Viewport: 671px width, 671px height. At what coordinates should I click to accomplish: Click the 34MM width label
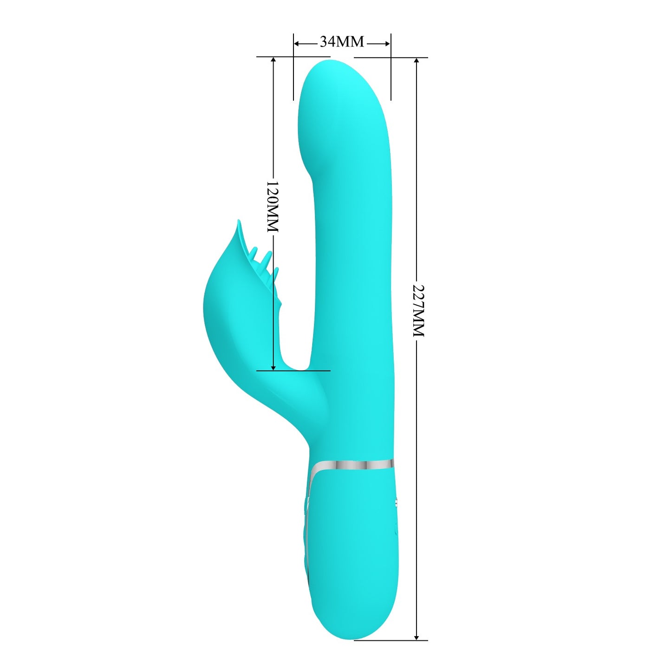coord(342,42)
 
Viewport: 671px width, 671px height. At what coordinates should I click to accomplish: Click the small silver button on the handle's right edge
coord(395,503)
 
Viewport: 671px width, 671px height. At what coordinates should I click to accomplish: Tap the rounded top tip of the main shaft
coord(330,63)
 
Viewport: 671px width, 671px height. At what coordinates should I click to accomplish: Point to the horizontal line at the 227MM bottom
coord(390,640)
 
